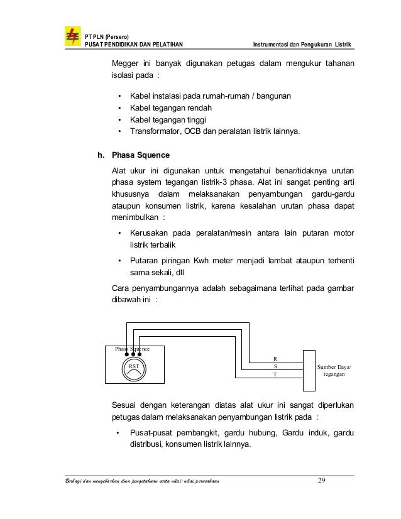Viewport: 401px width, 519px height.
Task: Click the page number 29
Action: [x=322, y=481]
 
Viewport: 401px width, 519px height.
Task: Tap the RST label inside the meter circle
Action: [x=134, y=364]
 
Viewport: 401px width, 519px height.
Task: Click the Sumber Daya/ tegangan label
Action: [x=334, y=369]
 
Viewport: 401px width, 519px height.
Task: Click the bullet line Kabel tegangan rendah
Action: [x=167, y=108]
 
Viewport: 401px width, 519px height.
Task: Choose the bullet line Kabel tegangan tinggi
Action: [x=165, y=120]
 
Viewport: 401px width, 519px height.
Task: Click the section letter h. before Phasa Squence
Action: [x=100, y=155]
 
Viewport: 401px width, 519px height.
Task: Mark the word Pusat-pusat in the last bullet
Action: [x=151, y=433]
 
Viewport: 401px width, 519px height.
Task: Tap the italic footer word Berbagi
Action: [x=68, y=482]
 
